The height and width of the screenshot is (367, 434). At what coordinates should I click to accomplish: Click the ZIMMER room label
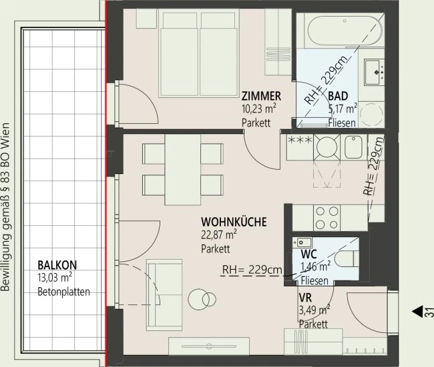point(261,96)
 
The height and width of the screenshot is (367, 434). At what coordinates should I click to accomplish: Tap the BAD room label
point(338,96)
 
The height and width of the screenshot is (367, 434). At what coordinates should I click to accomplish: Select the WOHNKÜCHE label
point(234,222)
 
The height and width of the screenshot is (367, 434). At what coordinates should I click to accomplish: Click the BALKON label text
point(57,265)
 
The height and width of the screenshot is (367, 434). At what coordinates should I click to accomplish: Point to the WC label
point(309,254)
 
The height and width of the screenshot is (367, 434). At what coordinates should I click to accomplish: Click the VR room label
point(305,298)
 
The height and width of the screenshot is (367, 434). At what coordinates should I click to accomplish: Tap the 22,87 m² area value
point(218,235)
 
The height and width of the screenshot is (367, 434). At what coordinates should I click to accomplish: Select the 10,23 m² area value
point(259,109)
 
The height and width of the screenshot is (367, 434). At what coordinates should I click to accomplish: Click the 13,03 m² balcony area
point(55,278)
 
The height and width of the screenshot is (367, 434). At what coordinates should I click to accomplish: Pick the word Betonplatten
point(63,292)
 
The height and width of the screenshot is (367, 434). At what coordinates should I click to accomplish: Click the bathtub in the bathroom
point(345,31)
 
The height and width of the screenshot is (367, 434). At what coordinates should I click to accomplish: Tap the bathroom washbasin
point(374,73)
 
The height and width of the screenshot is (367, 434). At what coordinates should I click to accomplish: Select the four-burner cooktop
point(327,218)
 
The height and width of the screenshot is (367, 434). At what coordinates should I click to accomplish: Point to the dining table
point(183,170)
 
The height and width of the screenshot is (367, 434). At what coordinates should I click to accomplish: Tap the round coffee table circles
point(202,300)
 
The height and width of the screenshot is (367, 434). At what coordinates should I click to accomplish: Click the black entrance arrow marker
point(418,311)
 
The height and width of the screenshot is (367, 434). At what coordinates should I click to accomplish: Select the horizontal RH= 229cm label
point(252,270)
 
